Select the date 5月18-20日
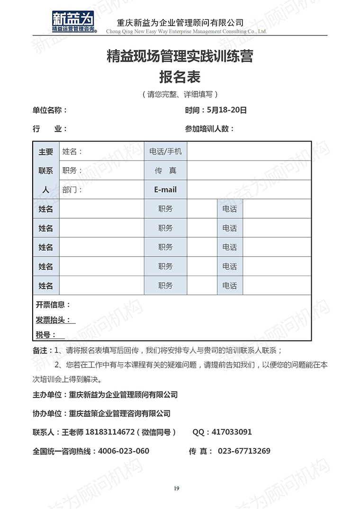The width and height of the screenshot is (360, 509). pyautogui.click(x=227, y=110)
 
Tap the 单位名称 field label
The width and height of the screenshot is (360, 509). pyautogui.click(x=50, y=110)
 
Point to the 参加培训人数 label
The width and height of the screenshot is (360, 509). pyautogui.click(x=209, y=129)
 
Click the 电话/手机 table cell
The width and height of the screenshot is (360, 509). pyautogui.click(x=165, y=152)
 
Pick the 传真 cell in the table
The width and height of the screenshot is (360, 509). pyautogui.click(x=165, y=170)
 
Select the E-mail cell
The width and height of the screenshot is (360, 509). pyautogui.click(x=165, y=189)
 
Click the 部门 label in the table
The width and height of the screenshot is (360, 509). pyautogui.click(x=72, y=189)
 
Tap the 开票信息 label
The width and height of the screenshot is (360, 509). pyautogui.click(x=53, y=304)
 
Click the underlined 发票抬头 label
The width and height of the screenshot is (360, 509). pyautogui.click(x=55, y=320)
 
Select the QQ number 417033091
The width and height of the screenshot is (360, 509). pyautogui.click(x=232, y=432)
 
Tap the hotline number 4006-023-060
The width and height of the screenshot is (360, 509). pyautogui.click(x=123, y=451)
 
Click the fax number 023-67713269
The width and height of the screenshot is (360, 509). pyautogui.click(x=244, y=451)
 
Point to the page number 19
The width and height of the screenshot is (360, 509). pyautogui.click(x=177, y=489)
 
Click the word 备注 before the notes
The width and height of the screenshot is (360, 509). pyautogui.click(x=40, y=351)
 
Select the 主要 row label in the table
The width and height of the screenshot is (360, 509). pyautogui.click(x=46, y=152)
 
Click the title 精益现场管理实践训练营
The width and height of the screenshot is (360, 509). pyautogui.click(x=180, y=56)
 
